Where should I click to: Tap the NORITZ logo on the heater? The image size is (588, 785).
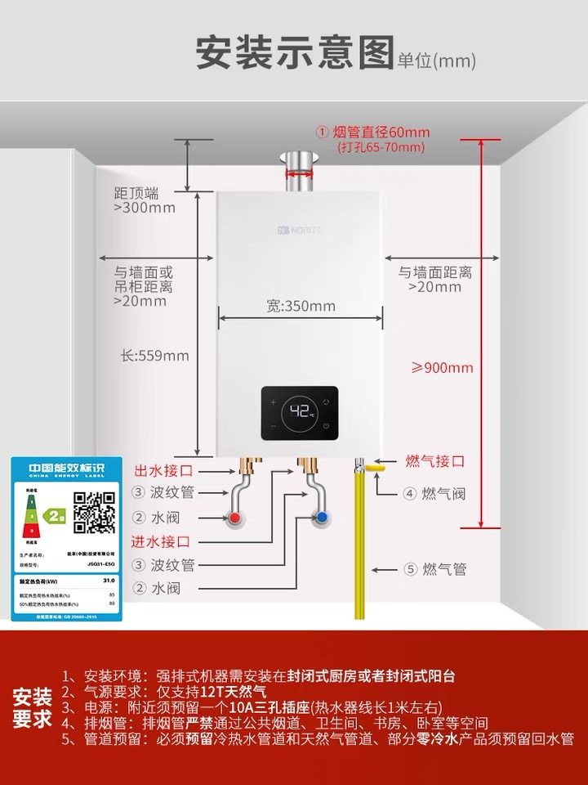301,231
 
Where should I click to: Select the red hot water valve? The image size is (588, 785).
235,518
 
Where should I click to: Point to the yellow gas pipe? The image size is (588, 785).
359,556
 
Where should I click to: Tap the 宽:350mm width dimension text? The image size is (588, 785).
301,306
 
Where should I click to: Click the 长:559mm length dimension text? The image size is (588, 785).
154,356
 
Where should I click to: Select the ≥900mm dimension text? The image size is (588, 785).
442,367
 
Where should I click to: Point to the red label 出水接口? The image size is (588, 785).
163,470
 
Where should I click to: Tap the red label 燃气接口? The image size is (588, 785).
435,461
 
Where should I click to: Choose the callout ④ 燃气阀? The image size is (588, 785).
434,493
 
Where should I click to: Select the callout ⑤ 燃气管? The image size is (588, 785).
435,569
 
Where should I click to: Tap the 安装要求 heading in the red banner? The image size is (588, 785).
33,708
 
